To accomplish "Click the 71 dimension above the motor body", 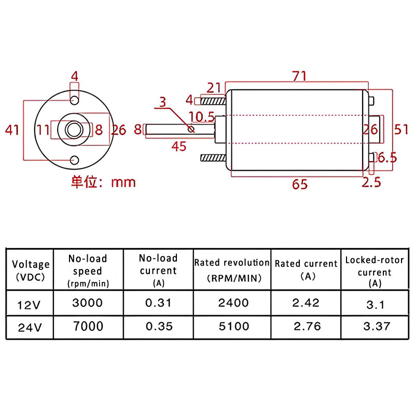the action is point(299,76).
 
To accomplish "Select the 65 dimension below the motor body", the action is point(300,184).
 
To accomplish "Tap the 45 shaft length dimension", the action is point(179,146).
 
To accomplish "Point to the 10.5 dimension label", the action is point(201,117).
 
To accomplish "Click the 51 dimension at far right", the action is point(401,129).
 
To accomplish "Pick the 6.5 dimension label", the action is point(387,158).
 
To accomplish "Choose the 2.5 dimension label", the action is point(371,183).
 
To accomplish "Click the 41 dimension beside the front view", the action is point(12,130).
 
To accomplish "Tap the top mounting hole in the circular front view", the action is point(75,100).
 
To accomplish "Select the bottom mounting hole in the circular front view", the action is point(75,160).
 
